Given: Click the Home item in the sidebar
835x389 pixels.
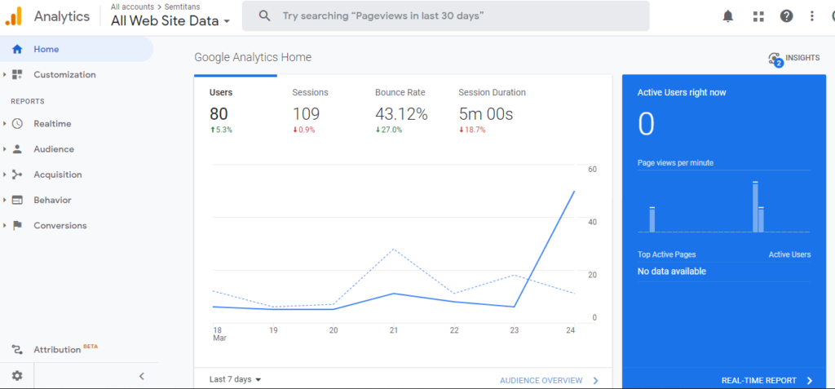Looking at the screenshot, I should (x=46, y=49).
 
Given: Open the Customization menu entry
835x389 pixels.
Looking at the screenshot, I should (x=64, y=75).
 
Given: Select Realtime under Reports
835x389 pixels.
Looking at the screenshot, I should (x=51, y=124).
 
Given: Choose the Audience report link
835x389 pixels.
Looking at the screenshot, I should (x=53, y=149).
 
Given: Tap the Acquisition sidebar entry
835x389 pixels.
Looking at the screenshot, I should (x=57, y=175).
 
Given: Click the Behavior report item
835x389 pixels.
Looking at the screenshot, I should (x=52, y=200).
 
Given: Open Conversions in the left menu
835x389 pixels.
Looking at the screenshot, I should (x=60, y=226).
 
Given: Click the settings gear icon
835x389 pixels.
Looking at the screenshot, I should (x=17, y=376).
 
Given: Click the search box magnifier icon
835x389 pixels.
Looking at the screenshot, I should (x=263, y=16).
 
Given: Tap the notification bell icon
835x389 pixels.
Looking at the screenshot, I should (x=728, y=16).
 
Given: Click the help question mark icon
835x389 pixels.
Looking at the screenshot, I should (x=786, y=16).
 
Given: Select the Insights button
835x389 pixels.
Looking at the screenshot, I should (x=794, y=58).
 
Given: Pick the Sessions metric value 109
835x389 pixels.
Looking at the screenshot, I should (x=306, y=114).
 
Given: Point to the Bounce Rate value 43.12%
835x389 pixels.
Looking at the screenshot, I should (x=401, y=114).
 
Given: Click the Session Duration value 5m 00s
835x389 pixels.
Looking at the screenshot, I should (x=486, y=114).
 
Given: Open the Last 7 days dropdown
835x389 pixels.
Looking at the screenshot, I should (x=235, y=379).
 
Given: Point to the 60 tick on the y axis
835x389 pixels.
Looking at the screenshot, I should (x=593, y=170).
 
